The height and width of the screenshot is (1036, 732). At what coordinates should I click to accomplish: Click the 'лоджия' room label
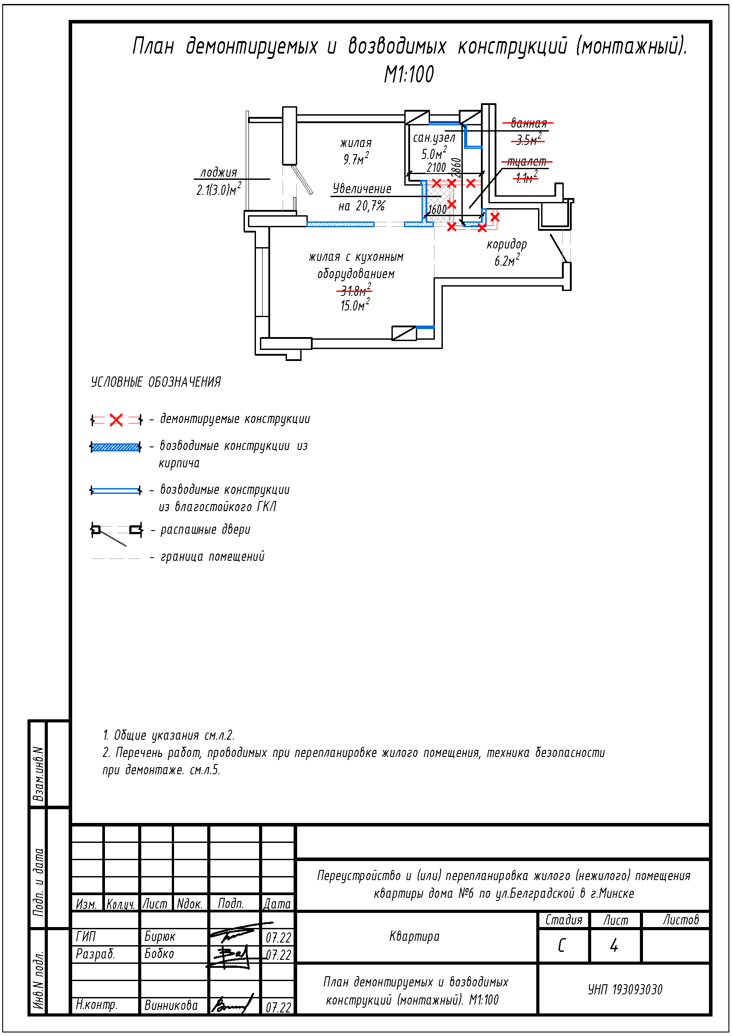pyautogui.click(x=219, y=172)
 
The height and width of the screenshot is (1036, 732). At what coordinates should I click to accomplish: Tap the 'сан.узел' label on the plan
pyautogui.click(x=434, y=138)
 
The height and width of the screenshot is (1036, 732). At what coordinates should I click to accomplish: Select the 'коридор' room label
pyautogui.click(x=507, y=244)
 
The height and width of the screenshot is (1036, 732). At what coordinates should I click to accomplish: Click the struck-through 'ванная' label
pyautogui.click(x=529, y=123)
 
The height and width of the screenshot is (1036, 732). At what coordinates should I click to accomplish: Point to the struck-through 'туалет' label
pyautogui.click(x=527, y=162)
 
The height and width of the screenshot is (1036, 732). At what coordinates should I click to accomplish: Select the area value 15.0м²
pyautogui.click(x=355, y=305)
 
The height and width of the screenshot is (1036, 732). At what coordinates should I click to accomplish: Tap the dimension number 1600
pyautogui.click(x=437, y=210)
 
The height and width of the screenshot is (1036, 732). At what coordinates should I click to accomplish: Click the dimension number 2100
pyautogui.click(x=436, y=168)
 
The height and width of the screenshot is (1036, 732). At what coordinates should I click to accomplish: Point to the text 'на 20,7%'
pyautogui.click(x=362, y=206)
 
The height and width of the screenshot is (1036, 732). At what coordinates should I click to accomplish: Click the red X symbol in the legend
pyautogui.click(x=116, y=420)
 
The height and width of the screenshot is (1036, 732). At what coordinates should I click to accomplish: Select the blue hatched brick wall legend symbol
pyautogui.click(x=116, y=447)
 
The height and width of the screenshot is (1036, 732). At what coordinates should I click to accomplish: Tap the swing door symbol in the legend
pyautogui.click(x=117, y=532)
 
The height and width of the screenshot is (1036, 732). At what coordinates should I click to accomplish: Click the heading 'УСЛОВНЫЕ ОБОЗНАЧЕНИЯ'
pyautogui.click(x=156, y=382)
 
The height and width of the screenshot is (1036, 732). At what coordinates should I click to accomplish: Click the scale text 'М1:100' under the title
pyautogui.click(x=409, y=74)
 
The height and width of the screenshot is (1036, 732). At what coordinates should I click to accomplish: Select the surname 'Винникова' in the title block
pyautogui.click(x=171, y=1005)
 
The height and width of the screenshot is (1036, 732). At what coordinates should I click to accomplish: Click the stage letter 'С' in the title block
pyautogui.click(x=562, y=945)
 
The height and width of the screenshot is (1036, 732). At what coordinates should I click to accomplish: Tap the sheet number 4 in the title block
pyautogui.click(x=614, y=945)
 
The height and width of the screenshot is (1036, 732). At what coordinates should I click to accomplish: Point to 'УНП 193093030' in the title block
pyautogui.click(x=625, y=989)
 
